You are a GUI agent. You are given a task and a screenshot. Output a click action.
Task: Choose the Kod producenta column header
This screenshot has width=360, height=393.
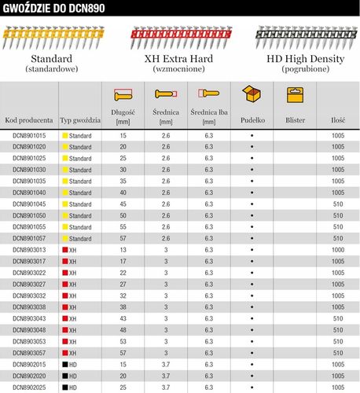click(x=29, y=121)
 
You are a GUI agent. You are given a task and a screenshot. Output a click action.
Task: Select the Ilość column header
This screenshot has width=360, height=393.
click(x=339, y=121)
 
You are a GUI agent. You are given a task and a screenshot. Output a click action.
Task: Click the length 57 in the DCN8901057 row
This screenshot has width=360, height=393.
click(x=123, y=238)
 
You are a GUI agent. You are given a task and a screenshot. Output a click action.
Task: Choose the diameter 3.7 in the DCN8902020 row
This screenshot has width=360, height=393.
click(x=166, y=376)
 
